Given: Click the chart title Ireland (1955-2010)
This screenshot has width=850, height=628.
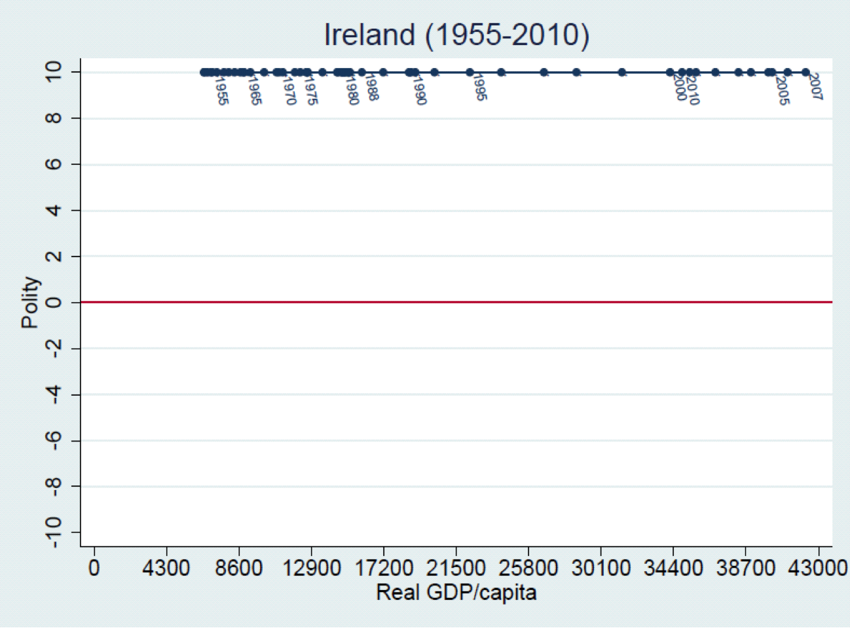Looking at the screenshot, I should click(456, 35).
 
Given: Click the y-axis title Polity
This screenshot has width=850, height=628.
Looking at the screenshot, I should click(30, 302).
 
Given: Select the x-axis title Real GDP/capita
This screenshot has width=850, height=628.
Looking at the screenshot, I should click(456, 593).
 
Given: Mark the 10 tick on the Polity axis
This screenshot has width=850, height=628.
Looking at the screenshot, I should click(54, 72).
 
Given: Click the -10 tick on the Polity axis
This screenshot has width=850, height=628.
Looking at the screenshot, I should click(54, 532).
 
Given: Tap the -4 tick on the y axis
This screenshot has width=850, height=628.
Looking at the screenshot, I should click(54, 394).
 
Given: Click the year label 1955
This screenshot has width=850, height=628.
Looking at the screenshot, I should click(221, 91).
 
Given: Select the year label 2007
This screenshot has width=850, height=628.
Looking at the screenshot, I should click(815, 86).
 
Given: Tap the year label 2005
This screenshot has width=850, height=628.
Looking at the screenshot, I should click(782, 90).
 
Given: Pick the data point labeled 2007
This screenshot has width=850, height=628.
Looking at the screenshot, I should click(805, 73).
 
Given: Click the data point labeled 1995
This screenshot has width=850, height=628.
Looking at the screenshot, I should click(470, 73).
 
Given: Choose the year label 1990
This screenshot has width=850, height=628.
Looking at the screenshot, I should click(419, 91).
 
